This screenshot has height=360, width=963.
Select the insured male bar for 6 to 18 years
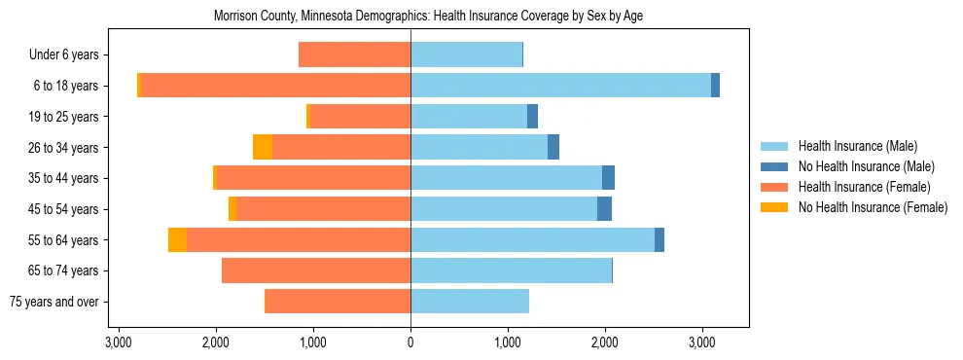click(560, 86)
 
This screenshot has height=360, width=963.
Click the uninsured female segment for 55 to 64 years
click(177, 240)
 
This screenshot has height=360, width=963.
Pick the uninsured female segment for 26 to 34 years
click(263, 147)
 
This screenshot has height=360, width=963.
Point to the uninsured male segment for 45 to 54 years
click(604, 209)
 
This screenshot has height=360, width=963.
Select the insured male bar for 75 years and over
click(470, 302)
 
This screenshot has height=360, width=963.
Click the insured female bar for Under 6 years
click(354, 54)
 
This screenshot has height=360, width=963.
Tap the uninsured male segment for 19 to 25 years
click(532, 117)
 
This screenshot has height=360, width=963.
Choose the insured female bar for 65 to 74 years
click(316, 270)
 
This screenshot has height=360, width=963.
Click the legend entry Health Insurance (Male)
click(857, 146)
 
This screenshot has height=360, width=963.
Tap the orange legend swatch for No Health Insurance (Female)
click(775, 207)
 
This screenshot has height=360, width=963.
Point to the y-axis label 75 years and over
click(53, 302)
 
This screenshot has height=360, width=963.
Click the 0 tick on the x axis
click(410, 342)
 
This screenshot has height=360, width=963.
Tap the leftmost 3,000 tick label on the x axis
click(118, 342)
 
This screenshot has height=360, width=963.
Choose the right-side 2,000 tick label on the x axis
click(605, 342)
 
